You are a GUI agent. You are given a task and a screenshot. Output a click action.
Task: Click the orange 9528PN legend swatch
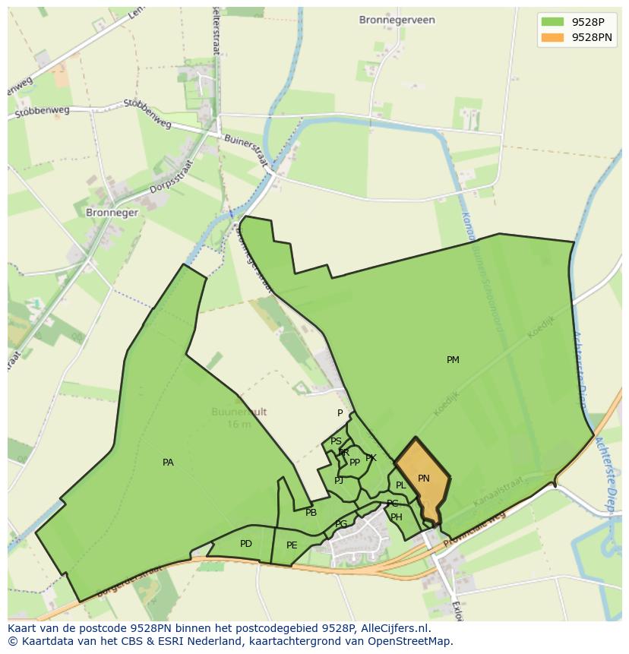click(x=553, y=37)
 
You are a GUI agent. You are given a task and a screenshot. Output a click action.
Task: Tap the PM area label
click(x=453, y=360)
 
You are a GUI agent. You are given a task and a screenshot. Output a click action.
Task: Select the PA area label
click(x=168, y=463)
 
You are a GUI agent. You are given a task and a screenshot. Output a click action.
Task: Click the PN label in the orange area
click(x=424, y=479)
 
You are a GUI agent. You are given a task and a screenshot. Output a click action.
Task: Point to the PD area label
click(x=245, y=544)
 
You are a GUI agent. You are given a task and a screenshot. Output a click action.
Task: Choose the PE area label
click(x=292, y=545)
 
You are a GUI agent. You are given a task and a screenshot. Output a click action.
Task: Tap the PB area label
click(x=311, y=513)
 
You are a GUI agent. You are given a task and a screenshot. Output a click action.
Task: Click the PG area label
click(x=341, y=524)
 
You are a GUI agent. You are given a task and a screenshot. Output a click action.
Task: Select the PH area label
click(x=397, y=517)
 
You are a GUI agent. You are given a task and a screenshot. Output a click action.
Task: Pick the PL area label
click(x=400, y=485)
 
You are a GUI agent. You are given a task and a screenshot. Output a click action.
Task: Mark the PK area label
click(x=371, y=458)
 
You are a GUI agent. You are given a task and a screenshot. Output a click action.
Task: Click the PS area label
click(x=336, y=441)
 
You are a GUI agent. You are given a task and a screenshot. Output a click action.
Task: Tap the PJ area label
click(x=339, y=480)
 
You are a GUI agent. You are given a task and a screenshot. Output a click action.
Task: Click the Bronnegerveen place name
click(x=397, y=20)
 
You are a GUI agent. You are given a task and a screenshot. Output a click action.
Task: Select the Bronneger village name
click(x=112, y=213)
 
